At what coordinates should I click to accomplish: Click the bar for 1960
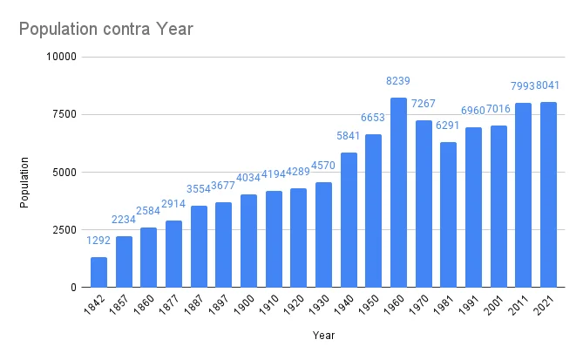(x=398, y=192)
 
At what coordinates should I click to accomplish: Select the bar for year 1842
(x=98, y=272)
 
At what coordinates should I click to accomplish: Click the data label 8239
(x=398, y=81)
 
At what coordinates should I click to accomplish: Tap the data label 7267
(x=424, y=104)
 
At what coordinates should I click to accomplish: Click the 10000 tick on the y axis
(x=62, y=57)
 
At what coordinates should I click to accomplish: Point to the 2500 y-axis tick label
(x=64, y=229)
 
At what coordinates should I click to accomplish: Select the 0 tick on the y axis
(x=74, y=287)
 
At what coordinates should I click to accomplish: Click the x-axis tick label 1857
(x=122, y=305)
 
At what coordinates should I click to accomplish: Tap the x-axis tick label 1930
(x=322, y=305)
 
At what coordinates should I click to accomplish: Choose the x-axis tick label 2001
(x=497, y=305)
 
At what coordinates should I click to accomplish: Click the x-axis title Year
(x=323, y=335)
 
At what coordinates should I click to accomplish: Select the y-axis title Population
(x=25, y=181)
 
